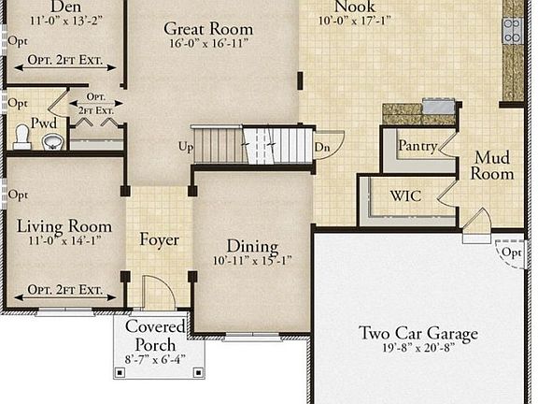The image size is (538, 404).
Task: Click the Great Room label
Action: (x=208, y=29)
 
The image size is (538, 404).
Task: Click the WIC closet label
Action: (x=405, y=196)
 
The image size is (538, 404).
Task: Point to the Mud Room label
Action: (x=491, y=166)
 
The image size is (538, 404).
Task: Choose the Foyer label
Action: (x=159, y=240)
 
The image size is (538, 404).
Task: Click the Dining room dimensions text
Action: (x=252, y=261)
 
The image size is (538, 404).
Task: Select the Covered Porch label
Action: (x=156, y=336)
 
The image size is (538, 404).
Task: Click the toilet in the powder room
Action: (x=21, y=137)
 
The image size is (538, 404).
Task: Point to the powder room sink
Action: (x=52, y=141)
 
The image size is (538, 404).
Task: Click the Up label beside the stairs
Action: (x=186, y=148)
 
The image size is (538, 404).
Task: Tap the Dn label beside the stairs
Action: (x=321, y=148)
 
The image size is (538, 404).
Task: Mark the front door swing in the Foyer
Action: (x=159, y=291)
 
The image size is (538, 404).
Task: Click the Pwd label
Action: (x=43, y=123)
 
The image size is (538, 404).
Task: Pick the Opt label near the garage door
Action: (x=511, y=253)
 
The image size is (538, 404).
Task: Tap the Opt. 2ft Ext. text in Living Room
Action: (x=64, y=290)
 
